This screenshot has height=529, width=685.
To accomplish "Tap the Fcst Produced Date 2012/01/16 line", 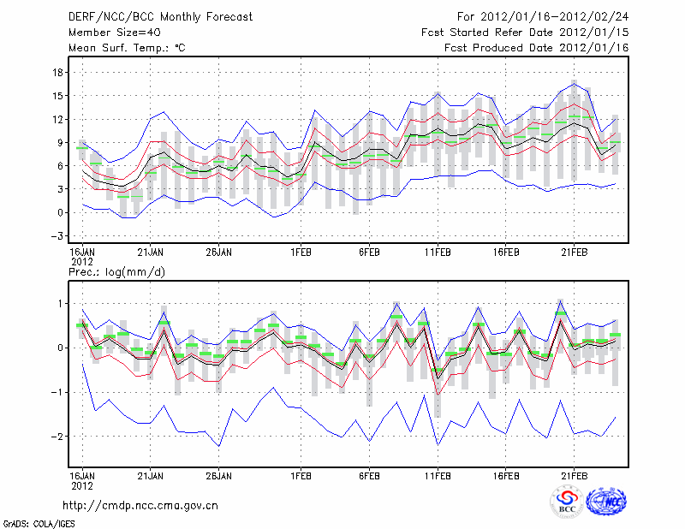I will coord(537,48).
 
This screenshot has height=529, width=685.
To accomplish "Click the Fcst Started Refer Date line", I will coord(525,33).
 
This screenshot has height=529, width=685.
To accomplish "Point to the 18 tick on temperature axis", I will coord(58,72).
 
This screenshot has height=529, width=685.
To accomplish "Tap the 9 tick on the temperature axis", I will coord(60,142).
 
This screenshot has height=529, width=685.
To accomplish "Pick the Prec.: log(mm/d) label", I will coord(116,271).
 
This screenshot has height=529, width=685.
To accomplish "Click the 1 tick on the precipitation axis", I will coord(60,303).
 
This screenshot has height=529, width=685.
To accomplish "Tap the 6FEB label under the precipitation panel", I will coord(369,474).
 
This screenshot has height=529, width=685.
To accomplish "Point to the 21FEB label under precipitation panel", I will coord(574,474).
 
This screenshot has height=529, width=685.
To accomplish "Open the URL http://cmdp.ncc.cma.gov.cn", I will coord(140,505).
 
